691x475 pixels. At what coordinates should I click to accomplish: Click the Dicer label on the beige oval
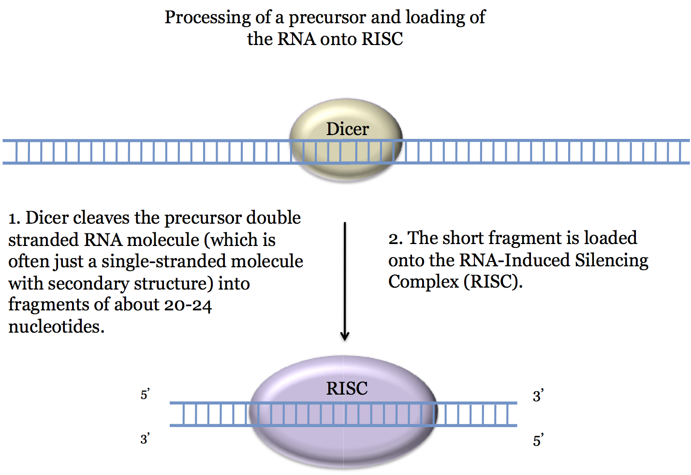[347, 129]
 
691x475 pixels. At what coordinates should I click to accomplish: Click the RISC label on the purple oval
[347, 388]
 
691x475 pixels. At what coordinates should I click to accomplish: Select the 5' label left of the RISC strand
[145, 395]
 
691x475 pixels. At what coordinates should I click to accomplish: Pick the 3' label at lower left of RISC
[145, 439]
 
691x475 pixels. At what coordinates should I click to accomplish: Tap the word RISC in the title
[382, 39]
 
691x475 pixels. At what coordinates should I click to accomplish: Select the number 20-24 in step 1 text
[188, 305]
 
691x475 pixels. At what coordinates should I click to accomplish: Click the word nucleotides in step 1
[56, 327]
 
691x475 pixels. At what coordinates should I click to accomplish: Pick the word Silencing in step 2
[611, 260]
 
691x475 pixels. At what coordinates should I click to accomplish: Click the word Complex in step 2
[423, 282]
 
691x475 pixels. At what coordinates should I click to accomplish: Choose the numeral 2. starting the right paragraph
[395, 239]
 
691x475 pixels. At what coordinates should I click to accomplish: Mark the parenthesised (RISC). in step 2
[493, 282]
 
